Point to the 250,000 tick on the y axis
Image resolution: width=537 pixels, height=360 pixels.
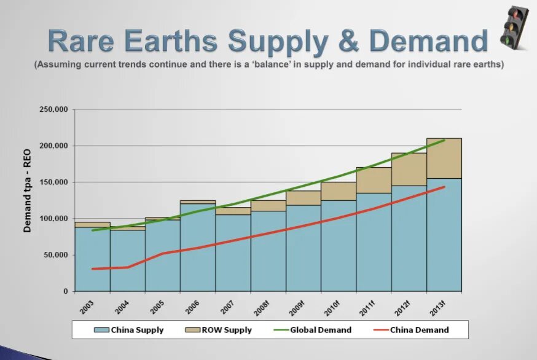[x=53, y=110]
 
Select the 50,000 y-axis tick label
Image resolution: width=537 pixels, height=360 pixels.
[x=55, y=255]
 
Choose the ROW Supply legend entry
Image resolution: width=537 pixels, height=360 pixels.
[x=219, y=330]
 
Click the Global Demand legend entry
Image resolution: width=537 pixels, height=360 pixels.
[x=314, y=330]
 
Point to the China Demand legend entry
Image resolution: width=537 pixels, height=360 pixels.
[x=411, y=330]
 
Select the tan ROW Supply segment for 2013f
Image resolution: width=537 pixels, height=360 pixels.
[x=444, y=158]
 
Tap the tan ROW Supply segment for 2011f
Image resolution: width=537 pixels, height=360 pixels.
[x=374, y=180]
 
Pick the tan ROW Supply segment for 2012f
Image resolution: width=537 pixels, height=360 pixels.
[x=409, y=170]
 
